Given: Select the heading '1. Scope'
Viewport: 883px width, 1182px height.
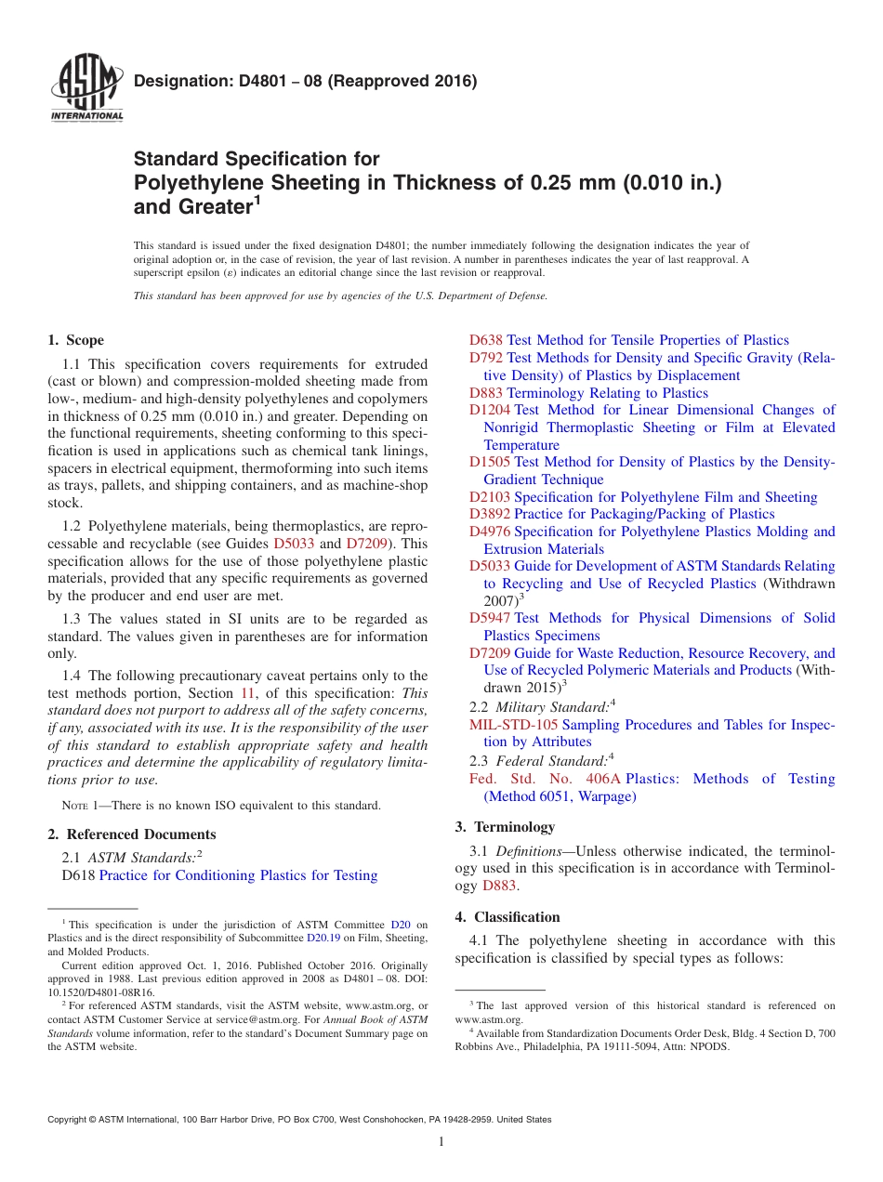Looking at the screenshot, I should pyautogui.click(x=76, y=340).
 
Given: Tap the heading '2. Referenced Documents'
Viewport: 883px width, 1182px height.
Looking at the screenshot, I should pyautogui.click(x=131, y=834).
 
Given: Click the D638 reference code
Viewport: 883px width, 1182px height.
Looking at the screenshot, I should pyautogui.click(x=485, y=340).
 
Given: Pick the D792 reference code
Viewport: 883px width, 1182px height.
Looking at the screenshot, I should pyautogui.click(x=485, y=358).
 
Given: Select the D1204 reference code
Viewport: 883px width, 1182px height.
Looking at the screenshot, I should pyautogui.click(x=489, y=410).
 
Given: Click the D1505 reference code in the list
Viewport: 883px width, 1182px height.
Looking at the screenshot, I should pyautogui.click(x=489, y=462).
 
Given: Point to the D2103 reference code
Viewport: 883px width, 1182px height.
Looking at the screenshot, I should pyautogui.click(x=489, y=497).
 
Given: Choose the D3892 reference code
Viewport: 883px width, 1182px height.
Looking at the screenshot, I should pyautogui.click(x=489, y=514).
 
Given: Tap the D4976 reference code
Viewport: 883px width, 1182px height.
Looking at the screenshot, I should pyautogui.click(x=489, y=532).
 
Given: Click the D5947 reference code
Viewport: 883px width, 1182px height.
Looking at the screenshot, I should pyautogui.click(x=489, y=618).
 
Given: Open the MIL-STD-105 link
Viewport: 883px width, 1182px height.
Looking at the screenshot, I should pyautogui.click(x=513, y=725).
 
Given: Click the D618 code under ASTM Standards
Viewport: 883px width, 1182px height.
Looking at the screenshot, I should pyautogui.click(x=78, y=875).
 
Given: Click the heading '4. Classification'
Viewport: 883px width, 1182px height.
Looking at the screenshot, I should pyautogui.click(x=507, y=917).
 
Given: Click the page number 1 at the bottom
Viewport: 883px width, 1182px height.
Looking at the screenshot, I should pyautogui.click(x=441, y=1141).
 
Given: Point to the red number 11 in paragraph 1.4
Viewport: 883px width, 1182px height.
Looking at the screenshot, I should pyautogui.click(x=248, y=693).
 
